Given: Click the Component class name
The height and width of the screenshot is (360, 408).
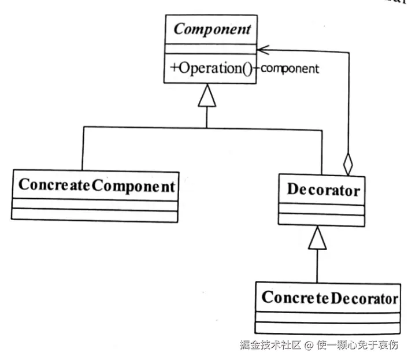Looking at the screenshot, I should click(x=212, y=29).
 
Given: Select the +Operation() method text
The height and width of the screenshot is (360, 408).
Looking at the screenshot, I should click(x=212, y=68).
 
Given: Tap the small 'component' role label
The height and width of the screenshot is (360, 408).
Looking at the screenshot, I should click(x=289, y=69).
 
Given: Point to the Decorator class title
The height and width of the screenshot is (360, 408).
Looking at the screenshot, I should click(x=323, y=190).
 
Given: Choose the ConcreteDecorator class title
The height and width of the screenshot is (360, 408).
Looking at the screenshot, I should click(x=330, y=298).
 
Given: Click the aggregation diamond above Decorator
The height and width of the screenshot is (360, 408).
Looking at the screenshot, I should click(x=347, y=164).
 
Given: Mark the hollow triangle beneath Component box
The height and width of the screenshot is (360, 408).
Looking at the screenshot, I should click(x=207, y=98).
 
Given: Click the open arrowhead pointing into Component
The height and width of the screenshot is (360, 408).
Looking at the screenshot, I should click(x=264, y=50).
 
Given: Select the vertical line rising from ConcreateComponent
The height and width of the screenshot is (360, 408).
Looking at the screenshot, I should click(x=83, y=147).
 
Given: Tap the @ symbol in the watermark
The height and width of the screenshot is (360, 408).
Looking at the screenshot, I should click(x=309, y=346).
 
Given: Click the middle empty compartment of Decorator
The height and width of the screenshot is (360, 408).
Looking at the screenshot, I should click(x=322, y=208).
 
